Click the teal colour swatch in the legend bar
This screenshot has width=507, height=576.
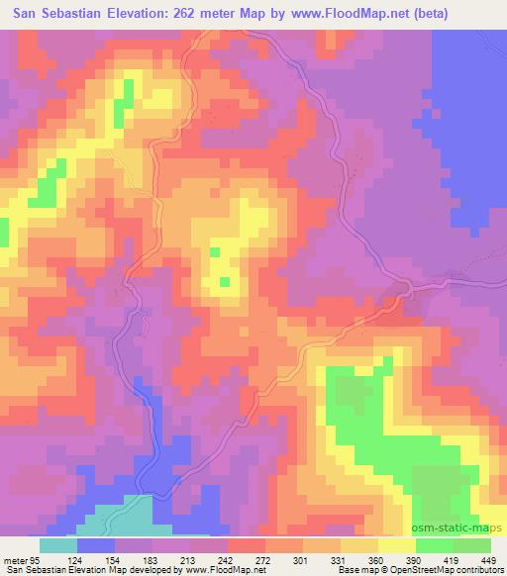[58, 545]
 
